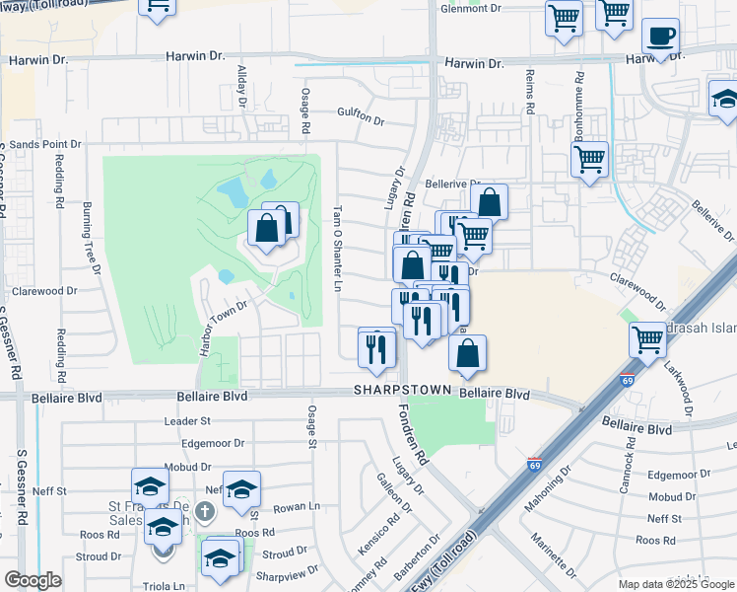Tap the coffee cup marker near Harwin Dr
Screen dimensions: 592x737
(660, 37)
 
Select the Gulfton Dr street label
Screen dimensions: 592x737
(361, 116)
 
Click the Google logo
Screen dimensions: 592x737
(33, 580)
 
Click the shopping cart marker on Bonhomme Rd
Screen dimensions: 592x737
(589, 159)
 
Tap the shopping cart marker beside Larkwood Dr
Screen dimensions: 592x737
(648, 340)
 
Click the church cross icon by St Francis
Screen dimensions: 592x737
(204, 511)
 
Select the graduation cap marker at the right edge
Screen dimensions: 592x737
(724, 100)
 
